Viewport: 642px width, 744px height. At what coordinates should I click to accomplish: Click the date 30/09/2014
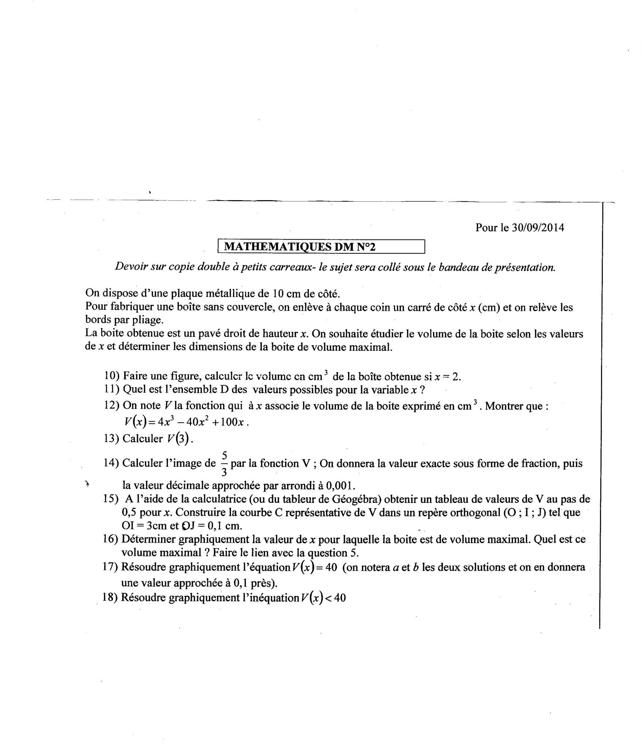coord(538,227)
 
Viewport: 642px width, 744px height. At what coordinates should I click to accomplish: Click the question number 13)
coord(111,439)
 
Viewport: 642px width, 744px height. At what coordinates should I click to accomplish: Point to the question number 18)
coord(110,598)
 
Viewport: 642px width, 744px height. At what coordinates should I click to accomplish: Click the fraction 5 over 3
coord(224,464)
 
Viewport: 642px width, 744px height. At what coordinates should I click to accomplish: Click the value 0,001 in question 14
coord(338,485)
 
